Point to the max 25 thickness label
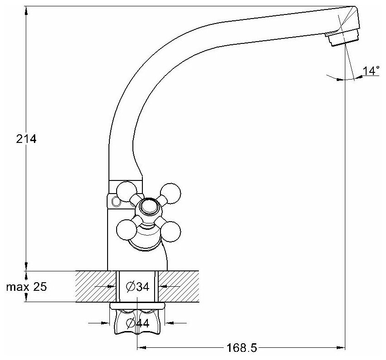pos(26,287)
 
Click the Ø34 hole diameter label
pos(138,286)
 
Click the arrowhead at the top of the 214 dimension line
pos(26,9)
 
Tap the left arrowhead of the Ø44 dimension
pos(107,323)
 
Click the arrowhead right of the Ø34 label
pos(162,286)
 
